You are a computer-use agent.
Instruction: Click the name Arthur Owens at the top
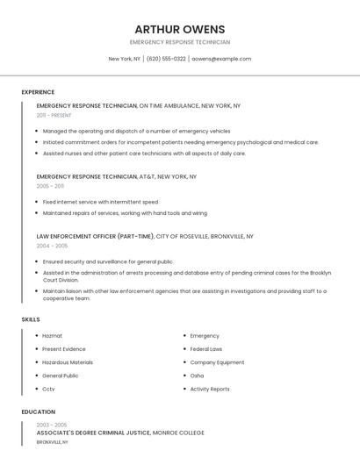point(180,29)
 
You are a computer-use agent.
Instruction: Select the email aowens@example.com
point(221,59)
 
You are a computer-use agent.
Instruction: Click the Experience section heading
point(38,92)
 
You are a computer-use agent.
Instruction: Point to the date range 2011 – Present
point(54,115)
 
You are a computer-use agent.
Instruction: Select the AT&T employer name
point(146,176)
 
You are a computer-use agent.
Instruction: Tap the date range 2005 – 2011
point(50,186)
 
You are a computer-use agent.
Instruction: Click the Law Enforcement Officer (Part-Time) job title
point(95,236)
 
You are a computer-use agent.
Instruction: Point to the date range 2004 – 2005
point(52,246)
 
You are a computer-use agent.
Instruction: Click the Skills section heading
point(31,319)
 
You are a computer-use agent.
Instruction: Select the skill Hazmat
point(52,336)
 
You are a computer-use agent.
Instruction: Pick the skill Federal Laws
point(206,349)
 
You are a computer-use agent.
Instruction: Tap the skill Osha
point(197,376)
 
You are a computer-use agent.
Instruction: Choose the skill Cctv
point(49,389)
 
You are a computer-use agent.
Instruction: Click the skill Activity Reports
point(210,389)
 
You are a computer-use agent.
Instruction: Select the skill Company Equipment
point(217,362)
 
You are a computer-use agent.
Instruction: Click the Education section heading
point(38,411)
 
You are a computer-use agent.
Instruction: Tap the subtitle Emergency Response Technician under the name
point(180,42)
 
